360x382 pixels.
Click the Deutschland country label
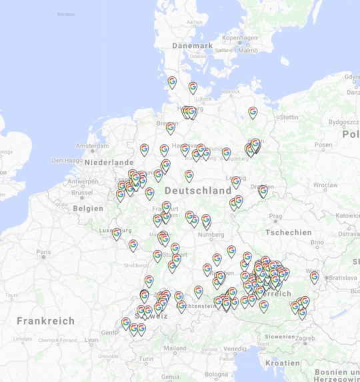(x=198, y=191)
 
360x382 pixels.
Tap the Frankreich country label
(x=46, y=321)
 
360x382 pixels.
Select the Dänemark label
(x=192, y=45)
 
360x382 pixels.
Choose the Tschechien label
(x=288, y=232)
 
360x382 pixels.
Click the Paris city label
(x=44, y=252)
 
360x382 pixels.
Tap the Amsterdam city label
(x=93, y=146)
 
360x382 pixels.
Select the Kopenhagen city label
(x=239, y=38)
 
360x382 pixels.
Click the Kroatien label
(x=283, y=363)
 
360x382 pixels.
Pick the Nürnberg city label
(x=211, y=235)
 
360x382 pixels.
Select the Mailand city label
(x=175, y=348)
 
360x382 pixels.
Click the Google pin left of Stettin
(x=253, y=112)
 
